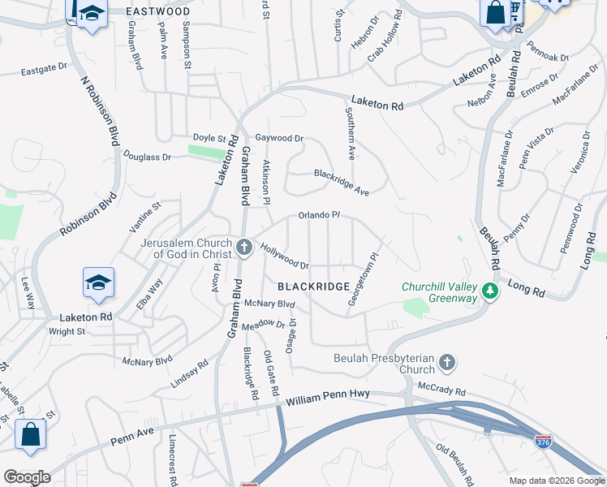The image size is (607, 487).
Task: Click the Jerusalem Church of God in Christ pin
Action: pos(244,245)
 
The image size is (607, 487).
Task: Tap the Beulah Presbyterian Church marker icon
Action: pos(446,362)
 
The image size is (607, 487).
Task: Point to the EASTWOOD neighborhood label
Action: pos(159,12)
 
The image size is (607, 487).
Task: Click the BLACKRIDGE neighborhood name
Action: pos(313,287)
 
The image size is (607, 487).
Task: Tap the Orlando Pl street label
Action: pos(318,215)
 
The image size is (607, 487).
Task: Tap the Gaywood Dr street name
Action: pos(278,139)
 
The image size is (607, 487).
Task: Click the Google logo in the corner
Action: pos(26,476)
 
